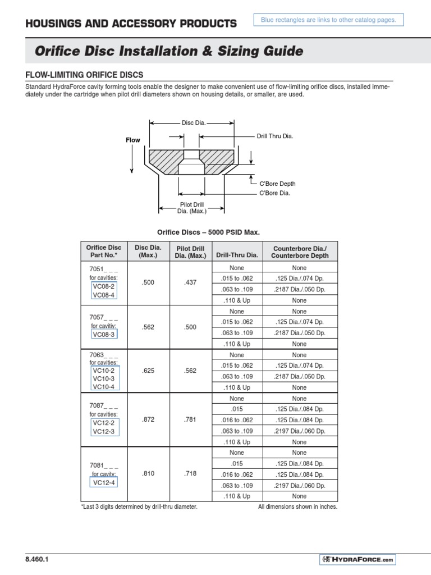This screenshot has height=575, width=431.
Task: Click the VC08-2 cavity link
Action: click(x=103, y=286)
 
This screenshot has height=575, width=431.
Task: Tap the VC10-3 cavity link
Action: click(x=103, y=379)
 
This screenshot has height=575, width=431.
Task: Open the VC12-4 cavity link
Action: click(x=104, y=482)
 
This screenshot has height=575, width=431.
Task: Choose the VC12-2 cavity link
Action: click(x=103, y=423)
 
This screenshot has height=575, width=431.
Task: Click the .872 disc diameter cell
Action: click(x=148, y=420)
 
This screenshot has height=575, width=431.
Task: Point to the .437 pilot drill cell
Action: click(x=190, y=283)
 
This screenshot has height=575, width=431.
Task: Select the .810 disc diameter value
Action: click(x=148, y=474)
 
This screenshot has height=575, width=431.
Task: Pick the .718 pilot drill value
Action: click(x=190, y=474)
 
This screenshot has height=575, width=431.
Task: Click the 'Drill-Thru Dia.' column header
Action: click(x=236, y=255)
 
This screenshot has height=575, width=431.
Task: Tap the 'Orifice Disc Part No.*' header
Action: click(x=103, y=251)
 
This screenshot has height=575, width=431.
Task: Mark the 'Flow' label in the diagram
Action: click(x=132, y=140)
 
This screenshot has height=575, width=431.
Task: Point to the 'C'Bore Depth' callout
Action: click(x=277, y=184)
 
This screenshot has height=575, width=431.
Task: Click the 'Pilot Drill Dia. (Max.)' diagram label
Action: click(x=192, y=208)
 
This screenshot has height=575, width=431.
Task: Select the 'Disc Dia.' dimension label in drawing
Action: click(x=191, y=122)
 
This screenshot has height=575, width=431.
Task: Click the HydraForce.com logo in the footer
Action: click(x=357, y=560)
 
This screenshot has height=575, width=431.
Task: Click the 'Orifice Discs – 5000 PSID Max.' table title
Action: click(x=208, y=232)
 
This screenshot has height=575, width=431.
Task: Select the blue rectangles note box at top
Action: click(x=328, y=20)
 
